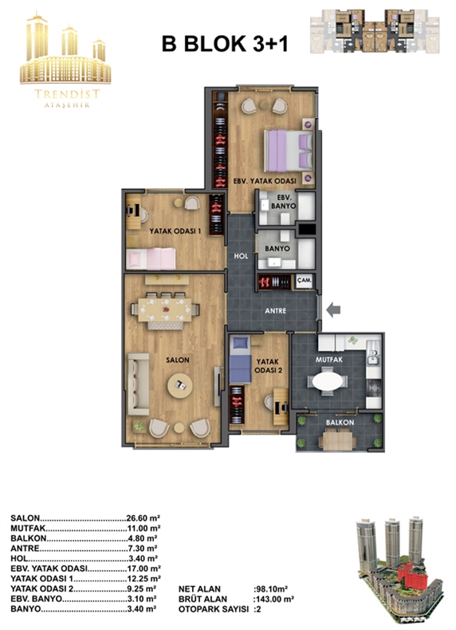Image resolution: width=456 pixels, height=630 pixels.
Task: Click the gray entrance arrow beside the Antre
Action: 333,309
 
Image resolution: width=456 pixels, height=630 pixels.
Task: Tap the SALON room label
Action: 178,360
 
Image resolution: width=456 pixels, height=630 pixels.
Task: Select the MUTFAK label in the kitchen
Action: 329,360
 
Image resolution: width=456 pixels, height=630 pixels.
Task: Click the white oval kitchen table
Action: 328,381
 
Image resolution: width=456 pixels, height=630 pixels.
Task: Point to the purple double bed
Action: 289,151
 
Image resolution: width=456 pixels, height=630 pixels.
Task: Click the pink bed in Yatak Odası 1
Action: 151,258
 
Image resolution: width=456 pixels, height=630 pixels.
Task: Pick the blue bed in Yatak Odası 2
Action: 240,360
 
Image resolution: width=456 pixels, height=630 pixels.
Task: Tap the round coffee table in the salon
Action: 179,386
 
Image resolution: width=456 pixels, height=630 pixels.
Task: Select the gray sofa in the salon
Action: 138,384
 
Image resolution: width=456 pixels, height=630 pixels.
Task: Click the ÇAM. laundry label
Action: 305,281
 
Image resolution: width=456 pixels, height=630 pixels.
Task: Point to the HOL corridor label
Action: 241,256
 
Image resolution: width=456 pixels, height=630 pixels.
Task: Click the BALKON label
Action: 340,423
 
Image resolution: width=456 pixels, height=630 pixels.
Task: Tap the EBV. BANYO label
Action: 286,202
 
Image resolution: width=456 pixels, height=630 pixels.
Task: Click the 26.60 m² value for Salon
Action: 143,518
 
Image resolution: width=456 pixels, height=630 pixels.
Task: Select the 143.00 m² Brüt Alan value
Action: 274,599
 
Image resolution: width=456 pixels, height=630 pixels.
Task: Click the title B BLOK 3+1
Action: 225,44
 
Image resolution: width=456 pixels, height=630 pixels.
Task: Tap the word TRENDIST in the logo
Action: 67,94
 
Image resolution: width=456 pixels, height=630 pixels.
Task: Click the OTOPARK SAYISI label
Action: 214,609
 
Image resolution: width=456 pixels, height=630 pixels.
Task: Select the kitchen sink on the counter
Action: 372,356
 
